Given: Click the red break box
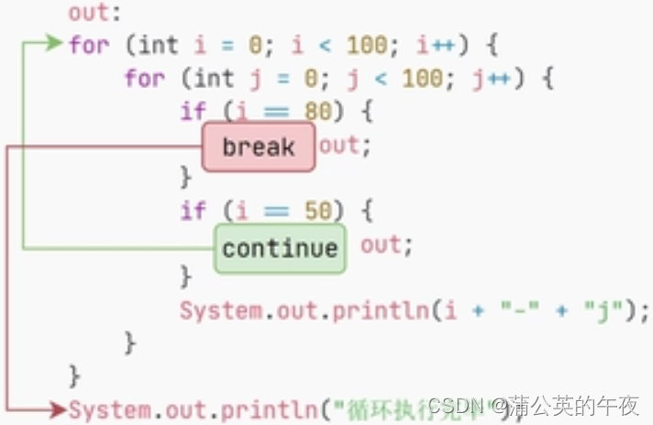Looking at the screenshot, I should (x=258, y=147).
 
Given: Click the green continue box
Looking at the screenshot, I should (x=280, y=249).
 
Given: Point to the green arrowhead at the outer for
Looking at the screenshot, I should (x=57, y=42).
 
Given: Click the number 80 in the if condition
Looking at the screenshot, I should (x=316, y=112).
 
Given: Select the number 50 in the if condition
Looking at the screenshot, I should (x=316, y=210).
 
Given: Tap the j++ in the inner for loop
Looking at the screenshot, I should (x=491, y=78).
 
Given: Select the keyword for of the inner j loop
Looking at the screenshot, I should (x=144, y=78).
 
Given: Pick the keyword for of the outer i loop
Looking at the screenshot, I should (x=88, y=43).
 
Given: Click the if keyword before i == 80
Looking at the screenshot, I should (x=193, y=112).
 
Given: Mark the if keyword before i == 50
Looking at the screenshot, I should (x=193, y=210).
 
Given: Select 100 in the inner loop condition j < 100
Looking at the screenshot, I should (x=422, y=78).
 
